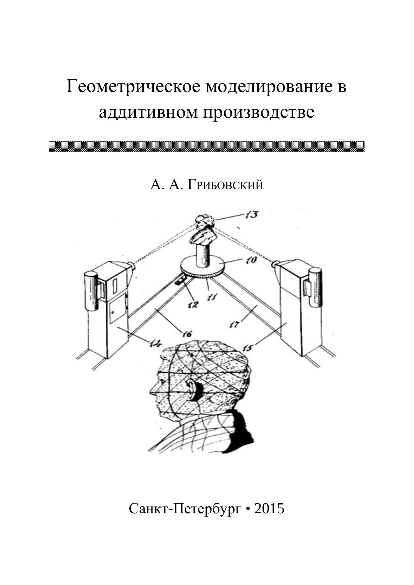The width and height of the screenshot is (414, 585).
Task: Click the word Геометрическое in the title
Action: tap(133, 87)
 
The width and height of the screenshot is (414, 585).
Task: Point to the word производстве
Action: tap(259, 112)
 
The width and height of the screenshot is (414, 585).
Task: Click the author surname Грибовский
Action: tap(225, 184)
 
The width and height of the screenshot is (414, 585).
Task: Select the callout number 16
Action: tap(186, 333)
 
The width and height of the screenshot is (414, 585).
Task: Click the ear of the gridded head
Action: tap(193, 389)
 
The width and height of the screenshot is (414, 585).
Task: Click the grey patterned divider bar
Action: tap(207, 146)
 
